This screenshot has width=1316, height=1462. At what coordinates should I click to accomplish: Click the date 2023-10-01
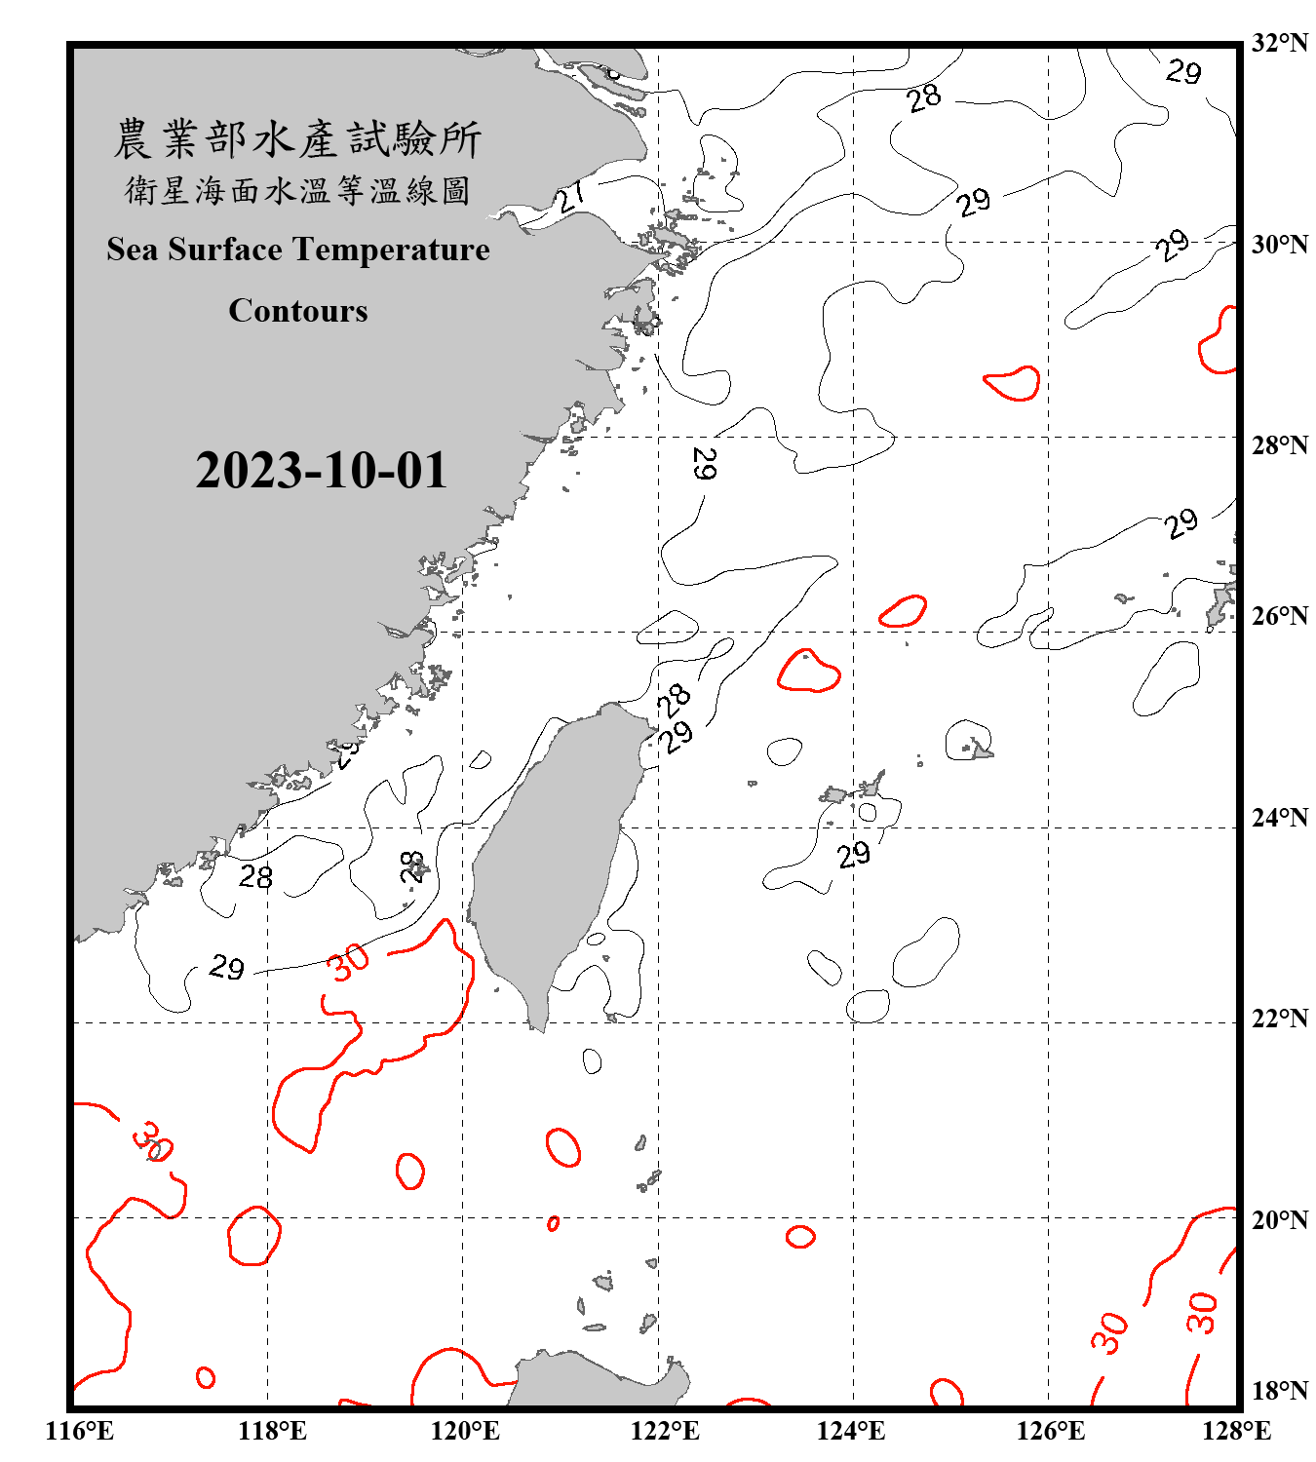click(321, 471)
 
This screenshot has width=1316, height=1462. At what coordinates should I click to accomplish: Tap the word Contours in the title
click(298, 311)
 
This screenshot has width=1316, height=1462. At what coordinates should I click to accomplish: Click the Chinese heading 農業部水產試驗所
click(297, 138)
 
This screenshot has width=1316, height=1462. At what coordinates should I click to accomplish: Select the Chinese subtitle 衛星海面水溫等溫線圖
click(297, 190)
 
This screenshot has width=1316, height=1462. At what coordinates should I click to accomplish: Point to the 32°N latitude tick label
click(1279, 43)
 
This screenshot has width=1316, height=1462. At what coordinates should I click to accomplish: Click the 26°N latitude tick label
click(1279, 616)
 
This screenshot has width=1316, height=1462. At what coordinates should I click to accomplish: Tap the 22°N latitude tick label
click(1279, 1019)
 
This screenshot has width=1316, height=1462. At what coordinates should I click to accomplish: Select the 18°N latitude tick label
click(1279, 1391)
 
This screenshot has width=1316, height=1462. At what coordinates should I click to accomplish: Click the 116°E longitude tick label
click(79, 1431)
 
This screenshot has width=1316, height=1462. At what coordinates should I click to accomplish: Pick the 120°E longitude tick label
click(465, 1431)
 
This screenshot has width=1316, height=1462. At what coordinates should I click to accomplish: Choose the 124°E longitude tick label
click(851, 1431)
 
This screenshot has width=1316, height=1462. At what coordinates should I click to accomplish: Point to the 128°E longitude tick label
click(1236, 1431)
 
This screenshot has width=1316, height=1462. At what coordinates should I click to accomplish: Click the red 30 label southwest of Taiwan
click(348, 962)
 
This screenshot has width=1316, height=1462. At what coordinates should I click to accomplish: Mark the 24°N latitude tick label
click(1279, 818)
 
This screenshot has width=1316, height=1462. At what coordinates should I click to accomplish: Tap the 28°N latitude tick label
click(1279, 445)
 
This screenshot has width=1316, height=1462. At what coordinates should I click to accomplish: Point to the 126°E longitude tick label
click(1050, 1431)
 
